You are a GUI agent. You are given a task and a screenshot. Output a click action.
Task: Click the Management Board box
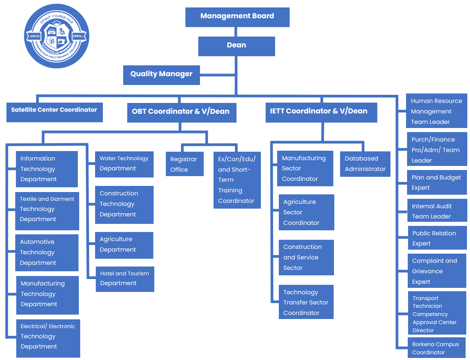[x=237, y=17]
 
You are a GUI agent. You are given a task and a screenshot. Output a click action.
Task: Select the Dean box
[x=236, y=46]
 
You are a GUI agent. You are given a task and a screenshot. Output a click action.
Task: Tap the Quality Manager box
[x=161, y=75]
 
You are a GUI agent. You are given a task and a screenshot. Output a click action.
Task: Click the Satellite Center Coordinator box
[x=54, y=112]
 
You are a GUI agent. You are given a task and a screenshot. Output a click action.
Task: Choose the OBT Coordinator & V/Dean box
[x=181, y=112]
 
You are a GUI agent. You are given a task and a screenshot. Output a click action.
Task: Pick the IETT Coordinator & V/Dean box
[x=321, y=112]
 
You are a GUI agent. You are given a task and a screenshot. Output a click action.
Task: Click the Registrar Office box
[x=184, y=164]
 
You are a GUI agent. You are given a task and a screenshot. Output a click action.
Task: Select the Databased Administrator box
[x=365, y=164]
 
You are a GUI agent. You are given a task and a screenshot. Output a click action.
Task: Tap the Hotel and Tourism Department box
[x=125, y=279]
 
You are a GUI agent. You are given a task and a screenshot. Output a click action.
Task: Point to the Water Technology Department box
[x=124, y=164]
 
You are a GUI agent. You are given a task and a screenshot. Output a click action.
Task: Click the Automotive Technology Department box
[x=47, y=252]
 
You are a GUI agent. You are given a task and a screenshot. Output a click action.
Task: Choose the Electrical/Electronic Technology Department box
[x=48, y=338]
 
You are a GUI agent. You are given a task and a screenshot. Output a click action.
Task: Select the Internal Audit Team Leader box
[x=437, y=211]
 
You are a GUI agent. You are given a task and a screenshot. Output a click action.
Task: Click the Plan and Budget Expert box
[x=437, y=182]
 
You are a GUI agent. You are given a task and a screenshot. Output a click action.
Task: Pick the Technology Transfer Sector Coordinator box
[x=306, y=302]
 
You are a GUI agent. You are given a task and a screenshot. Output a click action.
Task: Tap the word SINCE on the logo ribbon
[x=35, y=36]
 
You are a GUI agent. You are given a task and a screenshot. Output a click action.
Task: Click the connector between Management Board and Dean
[x=236, y=32]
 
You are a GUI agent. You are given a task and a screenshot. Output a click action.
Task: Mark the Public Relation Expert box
[x=437, y=238]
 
